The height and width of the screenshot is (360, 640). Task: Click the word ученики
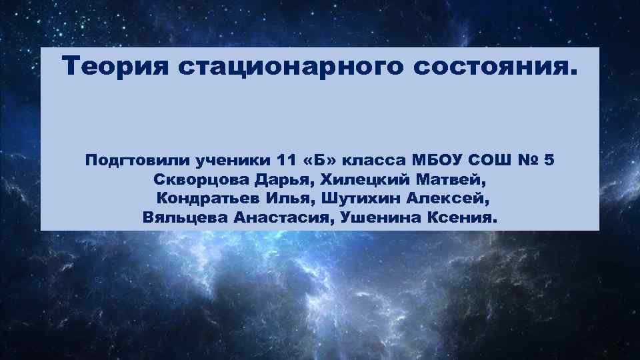tap(233, 161)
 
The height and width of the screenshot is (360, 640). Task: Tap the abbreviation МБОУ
tap(441, 161)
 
